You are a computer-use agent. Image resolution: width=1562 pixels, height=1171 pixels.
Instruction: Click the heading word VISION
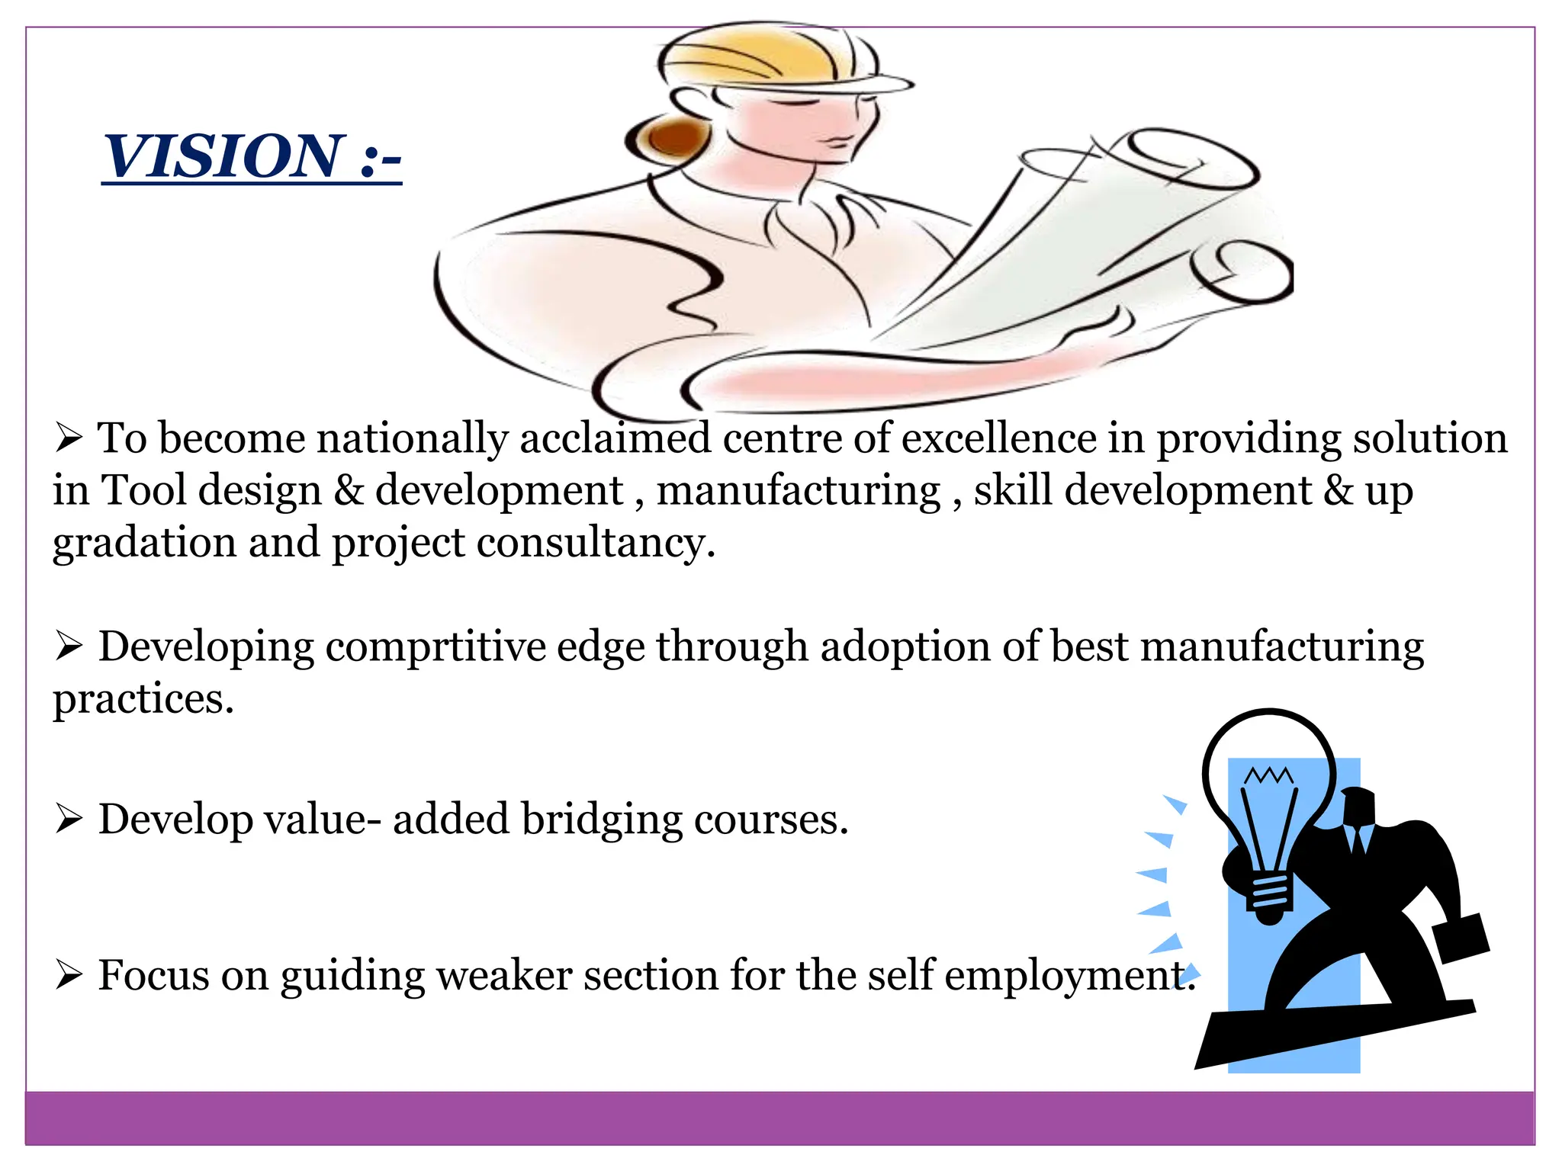coord(223,156)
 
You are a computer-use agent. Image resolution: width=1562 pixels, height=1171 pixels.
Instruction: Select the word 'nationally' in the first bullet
coord(412,440)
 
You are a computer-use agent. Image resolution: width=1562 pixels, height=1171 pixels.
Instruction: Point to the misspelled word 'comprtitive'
coord(435,647)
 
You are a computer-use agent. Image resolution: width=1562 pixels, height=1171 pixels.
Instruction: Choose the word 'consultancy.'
coord(596,544)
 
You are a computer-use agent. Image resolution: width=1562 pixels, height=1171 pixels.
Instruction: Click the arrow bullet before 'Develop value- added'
coord(69,820)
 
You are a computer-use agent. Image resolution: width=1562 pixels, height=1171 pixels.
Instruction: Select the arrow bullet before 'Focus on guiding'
coord(69,976)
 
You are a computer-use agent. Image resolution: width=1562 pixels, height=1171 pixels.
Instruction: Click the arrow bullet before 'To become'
coord(69,439)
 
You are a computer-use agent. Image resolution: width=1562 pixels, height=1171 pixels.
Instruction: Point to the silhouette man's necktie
coord(1357,838)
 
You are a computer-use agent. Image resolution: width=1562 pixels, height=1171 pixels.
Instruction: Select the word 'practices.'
coord(143,700)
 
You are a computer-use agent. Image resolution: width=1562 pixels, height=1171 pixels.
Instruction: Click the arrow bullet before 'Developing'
coord(69,647)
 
